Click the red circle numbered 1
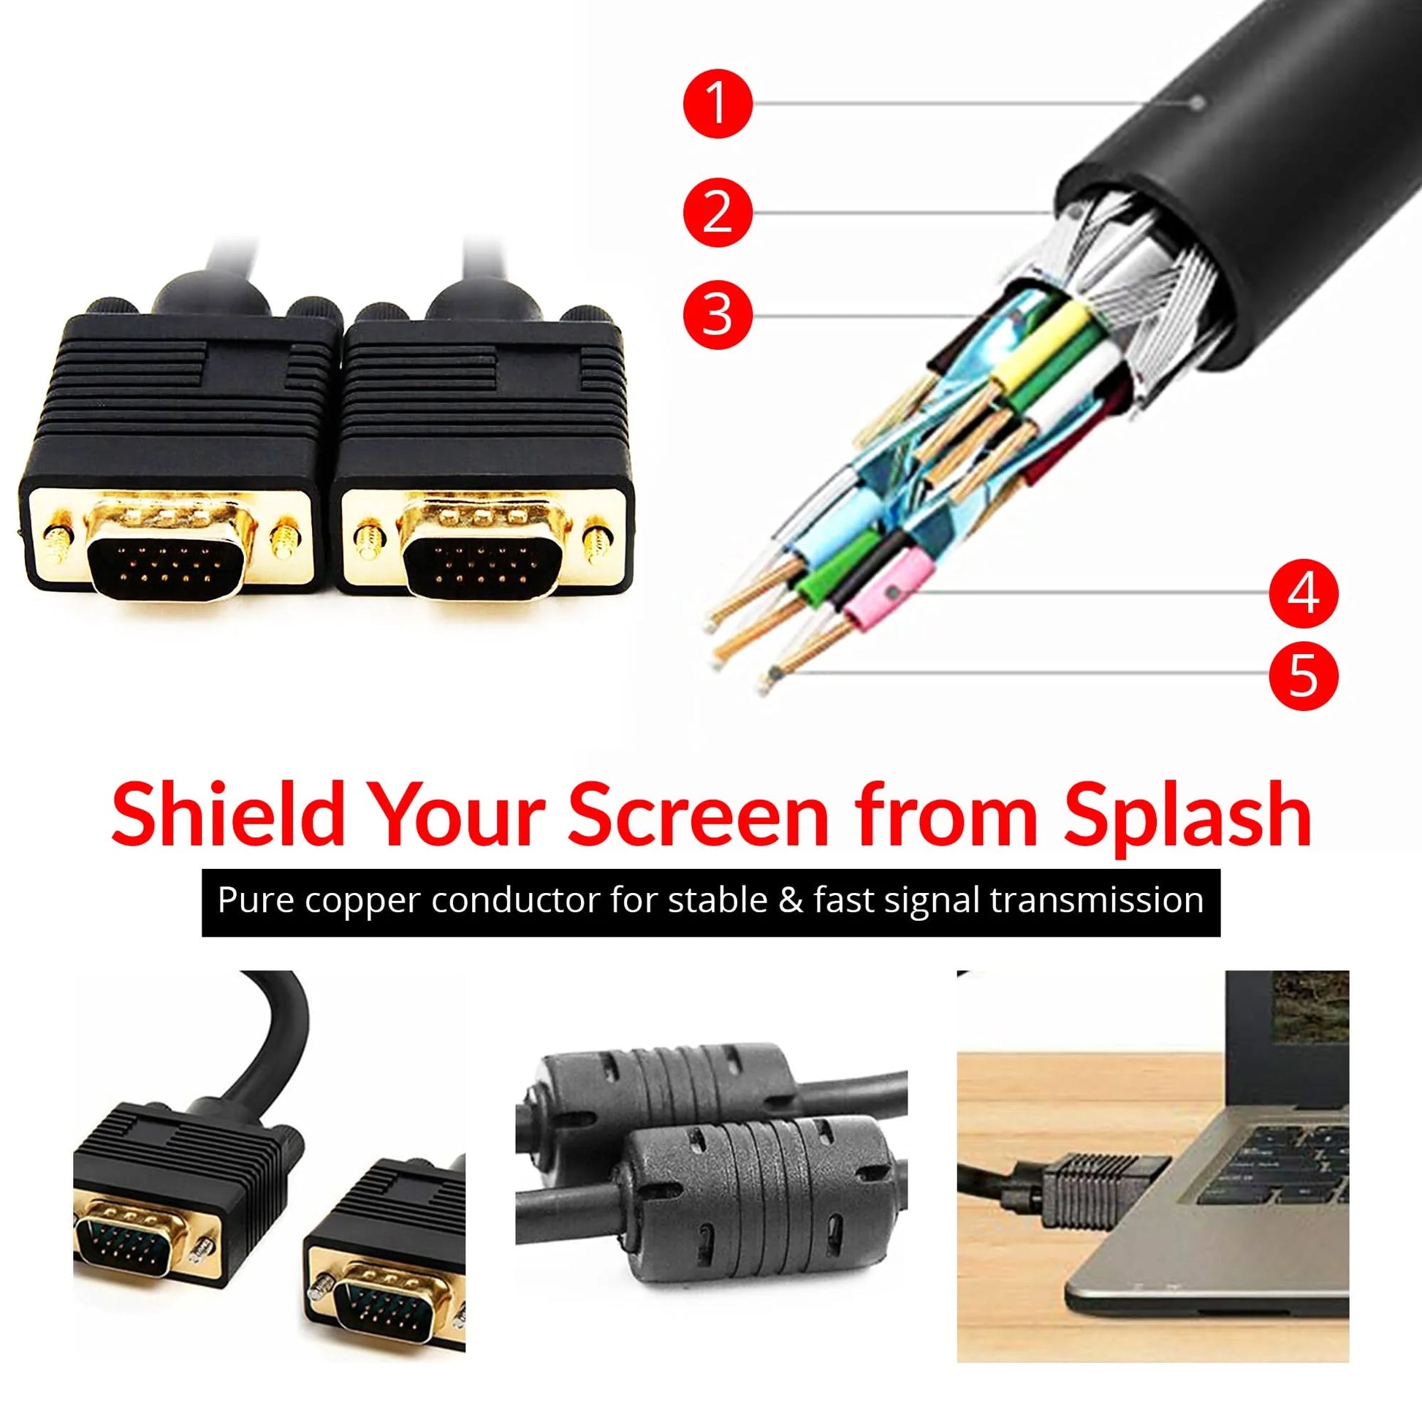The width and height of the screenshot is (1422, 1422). pos(718,104)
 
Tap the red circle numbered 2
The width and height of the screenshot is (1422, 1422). pos(718,212)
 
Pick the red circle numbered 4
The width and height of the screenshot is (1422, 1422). pos(1304,593)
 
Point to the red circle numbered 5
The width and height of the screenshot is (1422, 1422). pos(1304,675)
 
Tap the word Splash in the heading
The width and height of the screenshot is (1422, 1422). pos(1187,815)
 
